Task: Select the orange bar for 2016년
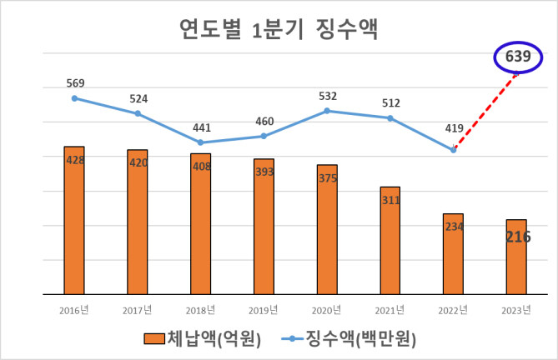click(74, 221)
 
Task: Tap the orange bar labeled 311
click(390, 241)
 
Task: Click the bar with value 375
click(327, 229)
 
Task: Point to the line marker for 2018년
click(200, 142)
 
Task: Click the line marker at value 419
click(454, 150)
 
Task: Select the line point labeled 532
click(327, 110)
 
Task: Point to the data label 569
click(74, 83)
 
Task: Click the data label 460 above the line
click(264, 122)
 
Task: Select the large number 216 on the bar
click(516, 237)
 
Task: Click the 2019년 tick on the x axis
click(264, 311)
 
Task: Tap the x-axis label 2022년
click(454, 311)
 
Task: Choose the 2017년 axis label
click(138, 311)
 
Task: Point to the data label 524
click(138, 98)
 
